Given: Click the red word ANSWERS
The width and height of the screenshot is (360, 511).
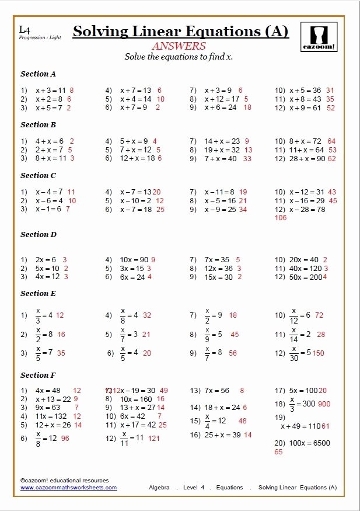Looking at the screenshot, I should (179, 46).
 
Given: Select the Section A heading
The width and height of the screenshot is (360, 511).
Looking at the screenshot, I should (39, 74).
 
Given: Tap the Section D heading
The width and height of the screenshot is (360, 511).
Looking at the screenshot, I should (39, 235).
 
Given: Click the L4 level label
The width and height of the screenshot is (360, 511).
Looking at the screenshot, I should (24, 29).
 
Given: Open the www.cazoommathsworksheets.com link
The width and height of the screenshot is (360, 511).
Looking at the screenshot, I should (69, 488).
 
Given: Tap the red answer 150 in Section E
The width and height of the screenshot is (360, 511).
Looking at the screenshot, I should (318, 353).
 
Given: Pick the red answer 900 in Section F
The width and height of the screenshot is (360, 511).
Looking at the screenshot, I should (324, 404).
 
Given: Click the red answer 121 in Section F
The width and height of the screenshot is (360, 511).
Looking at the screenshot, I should (154, 438).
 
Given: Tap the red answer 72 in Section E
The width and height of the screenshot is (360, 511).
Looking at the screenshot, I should (319, 315).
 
